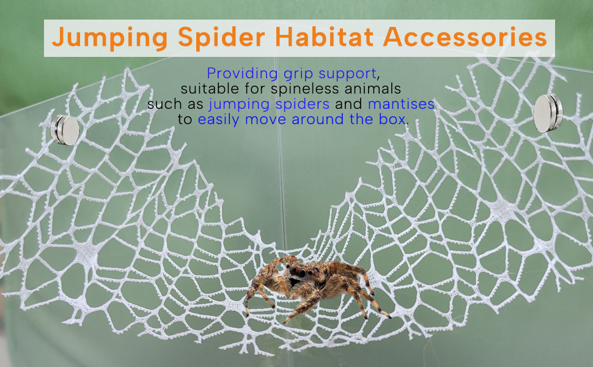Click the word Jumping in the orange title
click(x=109, y=38)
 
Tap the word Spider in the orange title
click(x=221, y=38)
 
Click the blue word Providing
click(x=242, y=73)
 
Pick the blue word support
click(x=348, y=74)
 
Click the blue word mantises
click(x=401, y=103)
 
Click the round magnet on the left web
click(x=65, y=130)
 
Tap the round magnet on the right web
click(x=548, y=113)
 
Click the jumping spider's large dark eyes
click(x=299, y=272)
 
